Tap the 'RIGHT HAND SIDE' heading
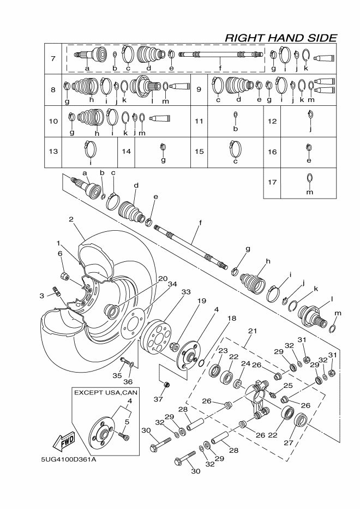point(280,37)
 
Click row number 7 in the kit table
point(53,58)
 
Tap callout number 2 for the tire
point(71,219)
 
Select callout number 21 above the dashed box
point(252,331)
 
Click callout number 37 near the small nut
point(158,399)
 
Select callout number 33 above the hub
point(185,293)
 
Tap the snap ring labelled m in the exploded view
point(334,327)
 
